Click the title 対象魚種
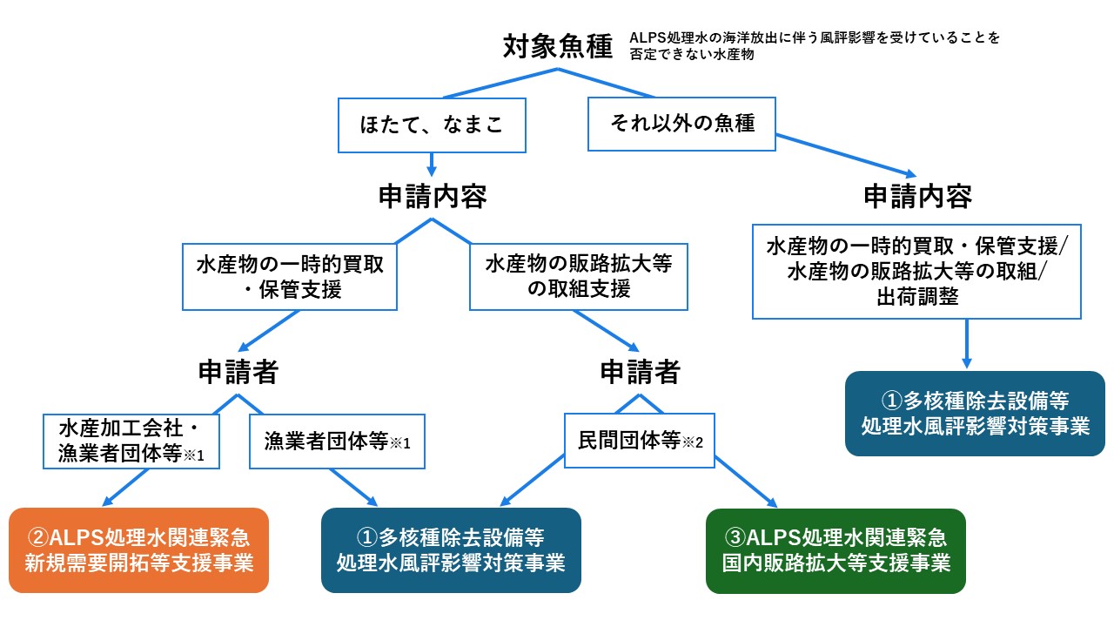point(558,47)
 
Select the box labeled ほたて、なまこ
point(432,125)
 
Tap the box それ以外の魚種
point(681,124)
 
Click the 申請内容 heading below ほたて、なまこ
point(433,196)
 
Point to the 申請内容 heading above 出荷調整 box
point(917,196)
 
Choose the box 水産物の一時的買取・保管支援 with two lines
point(290,277)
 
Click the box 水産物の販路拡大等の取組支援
point(579,277)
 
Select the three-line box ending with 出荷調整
point(916,272)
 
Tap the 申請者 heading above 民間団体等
point(640,372)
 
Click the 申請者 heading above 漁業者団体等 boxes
point(238,372)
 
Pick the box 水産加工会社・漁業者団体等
point(131,442)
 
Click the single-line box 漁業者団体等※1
point(337,442)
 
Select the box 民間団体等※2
point(640,441)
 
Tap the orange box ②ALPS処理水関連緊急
point(138,550)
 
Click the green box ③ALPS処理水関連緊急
point(835,551)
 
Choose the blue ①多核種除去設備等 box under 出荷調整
point(975,414)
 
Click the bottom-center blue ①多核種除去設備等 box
point(451,550)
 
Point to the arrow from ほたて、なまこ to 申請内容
point(432,165)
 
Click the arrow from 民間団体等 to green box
point(746,482)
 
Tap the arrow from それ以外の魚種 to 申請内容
point(846,155)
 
